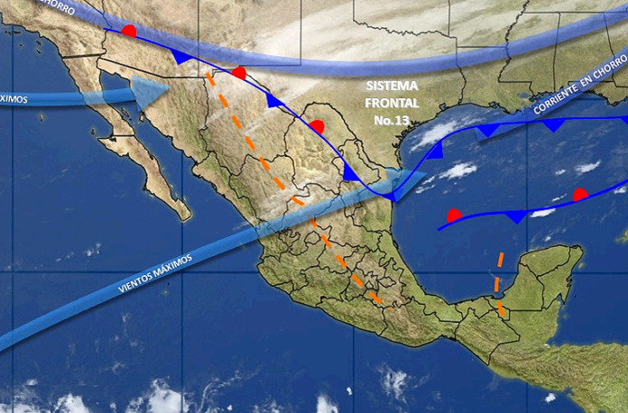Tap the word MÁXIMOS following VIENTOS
tap(175, 263)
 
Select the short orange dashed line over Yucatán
tap(499, 282)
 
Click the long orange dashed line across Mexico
tap(298, 198)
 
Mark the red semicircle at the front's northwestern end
tap(129, 32)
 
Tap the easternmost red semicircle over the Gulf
tap(580, 194)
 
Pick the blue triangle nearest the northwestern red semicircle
tap(182, 57)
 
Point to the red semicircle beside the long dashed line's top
tap(239, 72)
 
